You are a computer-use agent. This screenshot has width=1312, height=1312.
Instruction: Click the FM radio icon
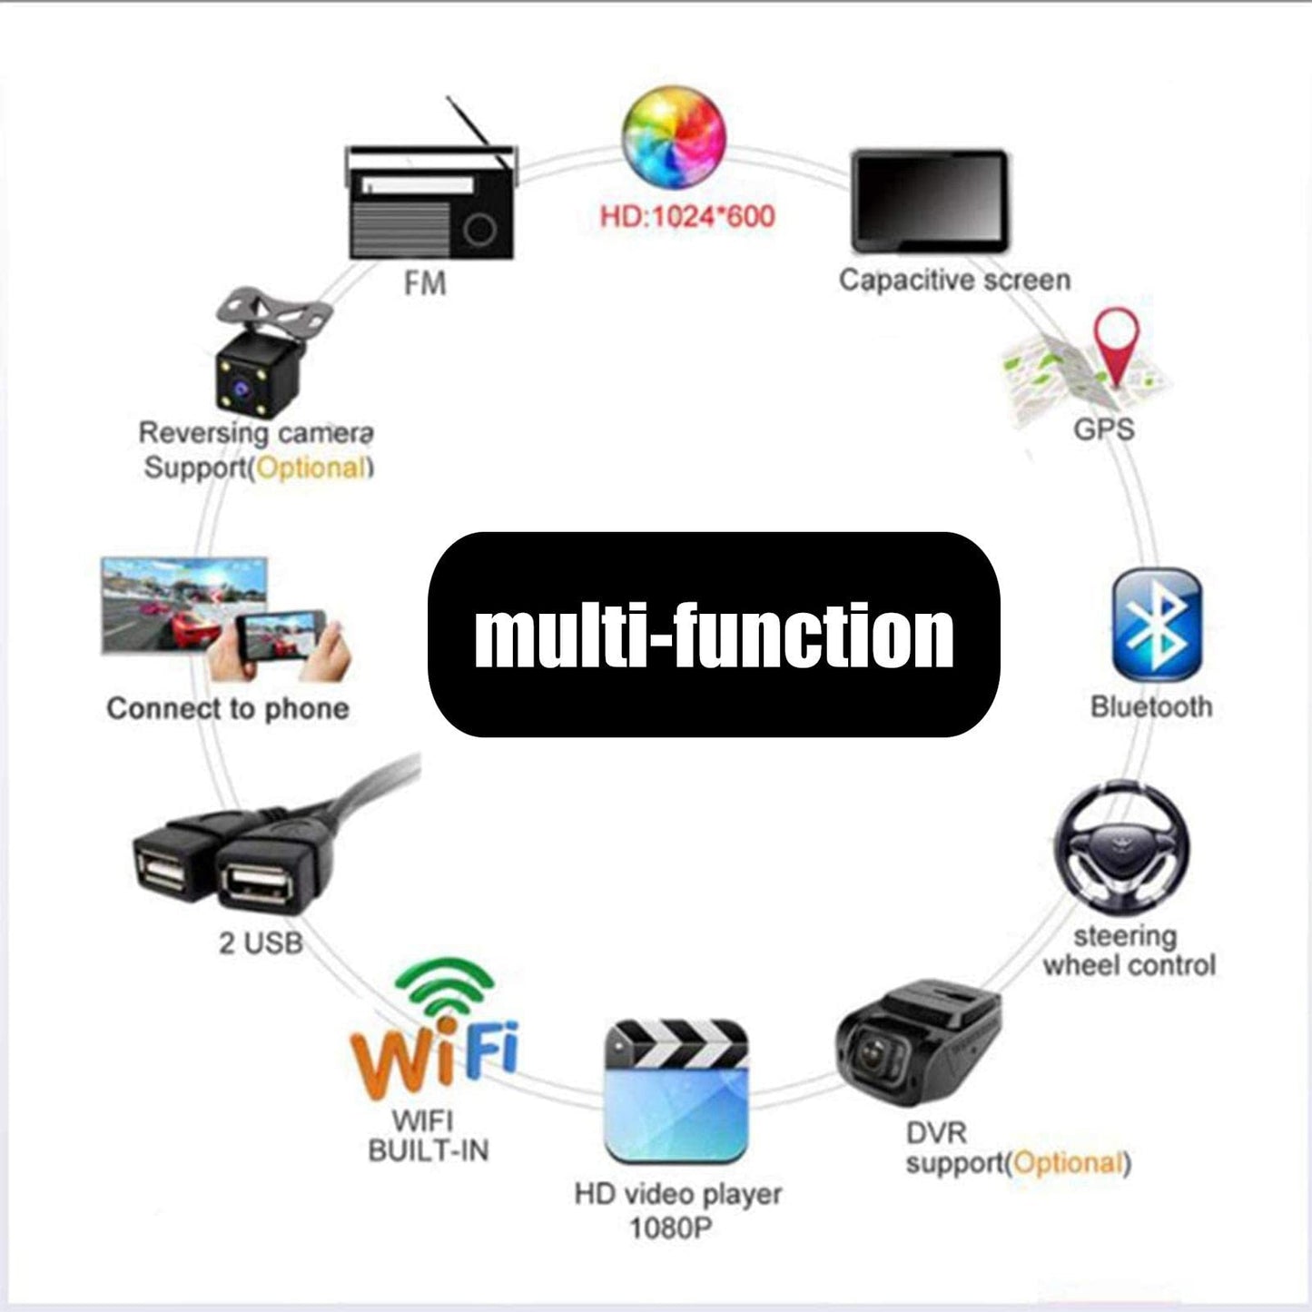(431, 200)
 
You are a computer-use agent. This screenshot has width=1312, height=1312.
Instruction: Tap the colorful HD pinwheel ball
(674, 137)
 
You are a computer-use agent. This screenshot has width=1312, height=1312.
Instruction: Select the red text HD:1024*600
(687, 216)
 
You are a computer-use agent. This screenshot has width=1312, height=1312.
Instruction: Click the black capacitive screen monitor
(930, 201)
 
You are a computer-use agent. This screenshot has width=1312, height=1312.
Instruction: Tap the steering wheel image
(1122, 849)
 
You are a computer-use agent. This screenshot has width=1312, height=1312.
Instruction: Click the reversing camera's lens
(242, 390)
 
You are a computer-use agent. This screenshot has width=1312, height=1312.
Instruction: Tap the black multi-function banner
(714, 635)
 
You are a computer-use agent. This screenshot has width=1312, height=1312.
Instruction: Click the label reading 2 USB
(261, 942)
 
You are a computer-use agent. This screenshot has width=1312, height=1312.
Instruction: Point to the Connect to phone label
(228, 708)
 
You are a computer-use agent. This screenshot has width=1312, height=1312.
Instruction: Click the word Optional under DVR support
(1069, 1163)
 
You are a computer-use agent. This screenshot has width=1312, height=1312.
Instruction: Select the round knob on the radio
(479, 229)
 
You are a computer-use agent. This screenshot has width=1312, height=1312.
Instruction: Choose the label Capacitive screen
(954, 280)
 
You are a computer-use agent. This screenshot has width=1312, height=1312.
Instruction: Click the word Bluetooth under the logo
(1151, 706)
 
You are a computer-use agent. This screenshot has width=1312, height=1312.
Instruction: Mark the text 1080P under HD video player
(671, 1228)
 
